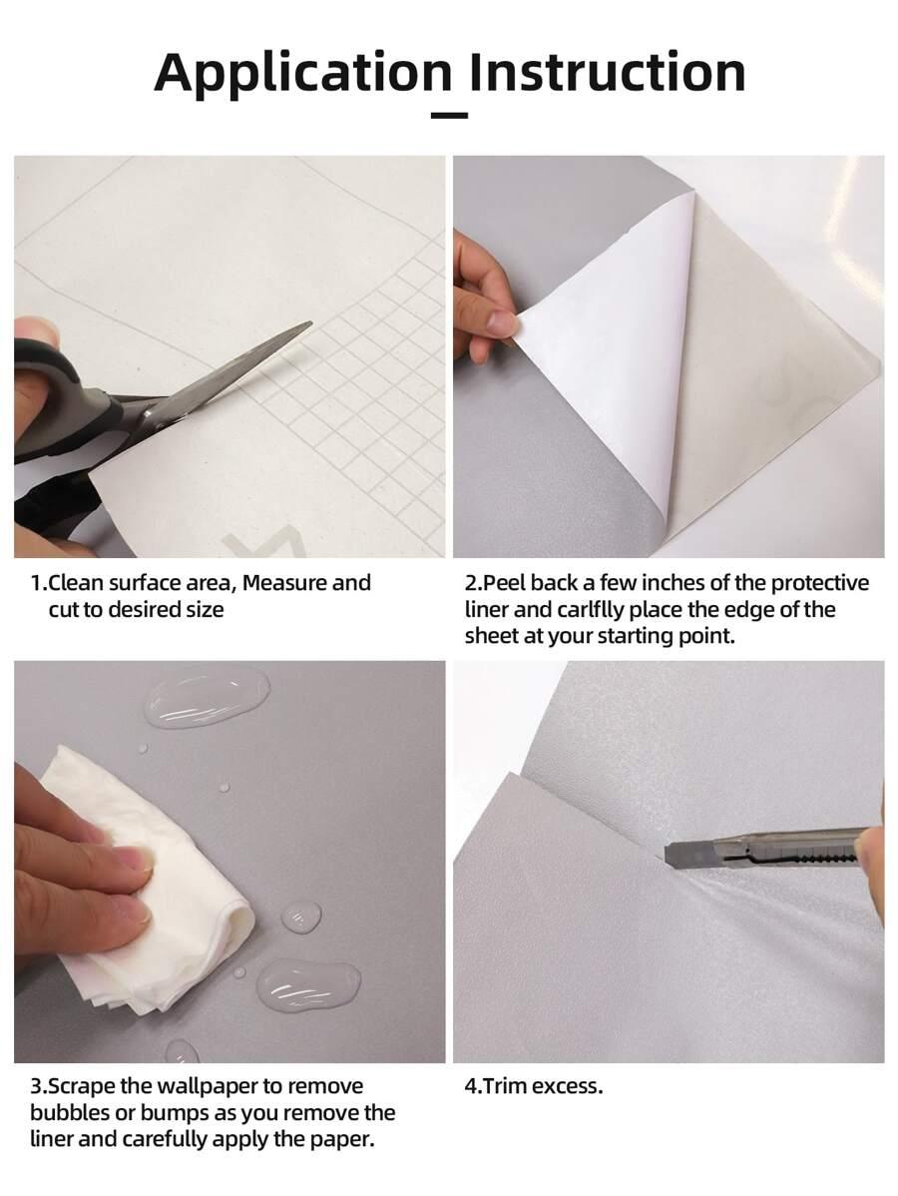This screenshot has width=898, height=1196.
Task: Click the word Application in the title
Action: (x=302, y=74)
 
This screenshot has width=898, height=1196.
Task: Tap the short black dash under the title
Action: (x=449, y=116)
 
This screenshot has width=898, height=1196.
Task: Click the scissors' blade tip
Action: (x=310, y=323)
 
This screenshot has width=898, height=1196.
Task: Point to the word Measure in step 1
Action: (x=284, y=583)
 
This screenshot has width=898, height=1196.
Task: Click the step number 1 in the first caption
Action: (x=35, y=583)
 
